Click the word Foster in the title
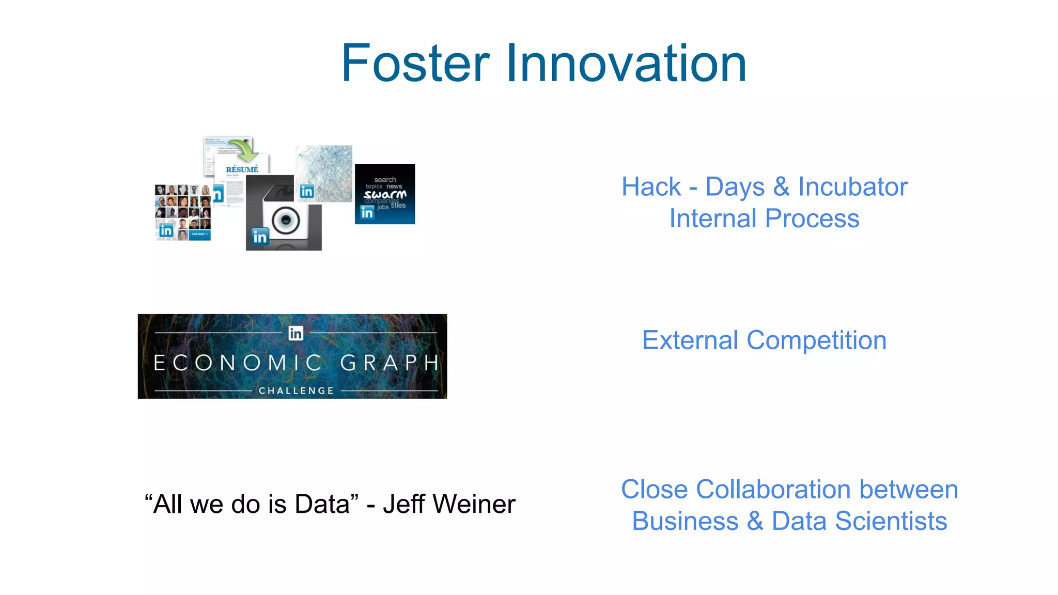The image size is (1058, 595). pos(415,64)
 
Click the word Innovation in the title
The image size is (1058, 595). pos(626,64)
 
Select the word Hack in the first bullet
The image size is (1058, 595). pos(651,187)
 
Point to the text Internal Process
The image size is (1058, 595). pos(764,218)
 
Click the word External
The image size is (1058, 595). pos(690,340)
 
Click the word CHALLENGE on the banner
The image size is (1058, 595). pos(296,390)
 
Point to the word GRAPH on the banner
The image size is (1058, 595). pos(390,363)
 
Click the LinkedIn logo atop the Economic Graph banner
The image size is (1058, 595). pos(295,333)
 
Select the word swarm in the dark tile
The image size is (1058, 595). pos(385,194)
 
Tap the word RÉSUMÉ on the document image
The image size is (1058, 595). pos(242,169)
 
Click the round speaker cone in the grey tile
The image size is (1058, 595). pos(285,221)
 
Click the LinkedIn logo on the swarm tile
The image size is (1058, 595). pos(367,212)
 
